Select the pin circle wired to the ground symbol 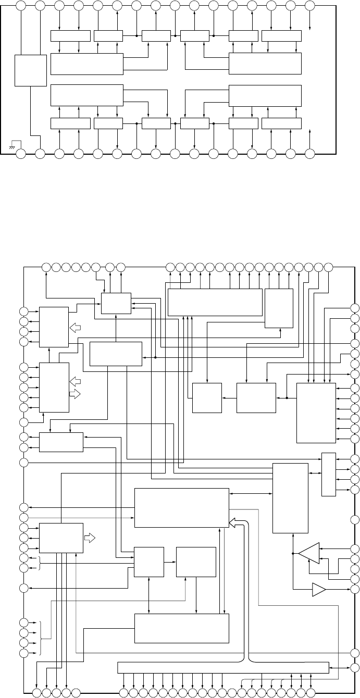tap(21, 154)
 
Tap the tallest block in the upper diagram tap(31, 70)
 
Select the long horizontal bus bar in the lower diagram tap(224, 668)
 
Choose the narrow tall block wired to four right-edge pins tap(328, 475)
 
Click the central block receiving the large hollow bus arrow tap(182, 507)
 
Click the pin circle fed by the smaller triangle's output tap(355, 589)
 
